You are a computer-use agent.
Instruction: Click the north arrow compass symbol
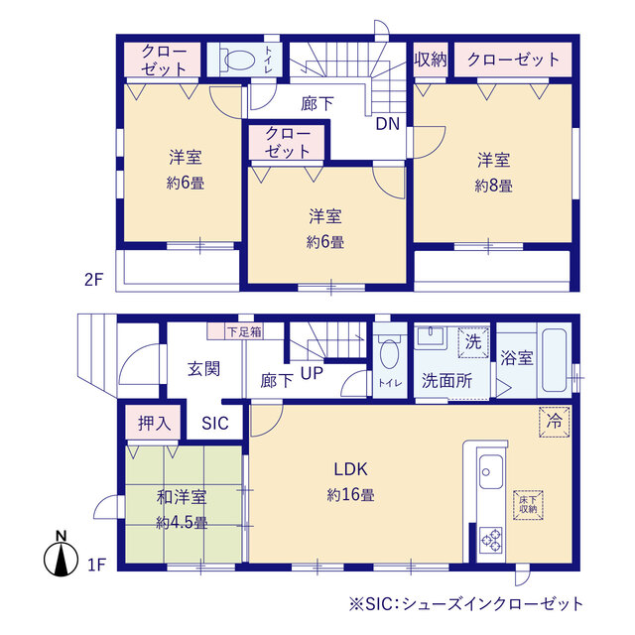[63, 558]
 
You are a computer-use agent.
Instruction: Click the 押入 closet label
[155, 422]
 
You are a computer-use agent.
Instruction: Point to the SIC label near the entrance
[215, 423]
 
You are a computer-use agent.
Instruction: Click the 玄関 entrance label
[203, 368]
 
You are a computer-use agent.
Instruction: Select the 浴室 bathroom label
[517, 358]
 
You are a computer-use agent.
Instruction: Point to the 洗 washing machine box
[472, 340]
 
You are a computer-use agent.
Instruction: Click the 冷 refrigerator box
[554, 421]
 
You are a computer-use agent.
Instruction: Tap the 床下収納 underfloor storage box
[528, 503]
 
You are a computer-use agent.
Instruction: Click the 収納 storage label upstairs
[430, 59]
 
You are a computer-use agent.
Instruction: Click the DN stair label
[388, 124]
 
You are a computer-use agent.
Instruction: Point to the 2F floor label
[93, 279]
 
